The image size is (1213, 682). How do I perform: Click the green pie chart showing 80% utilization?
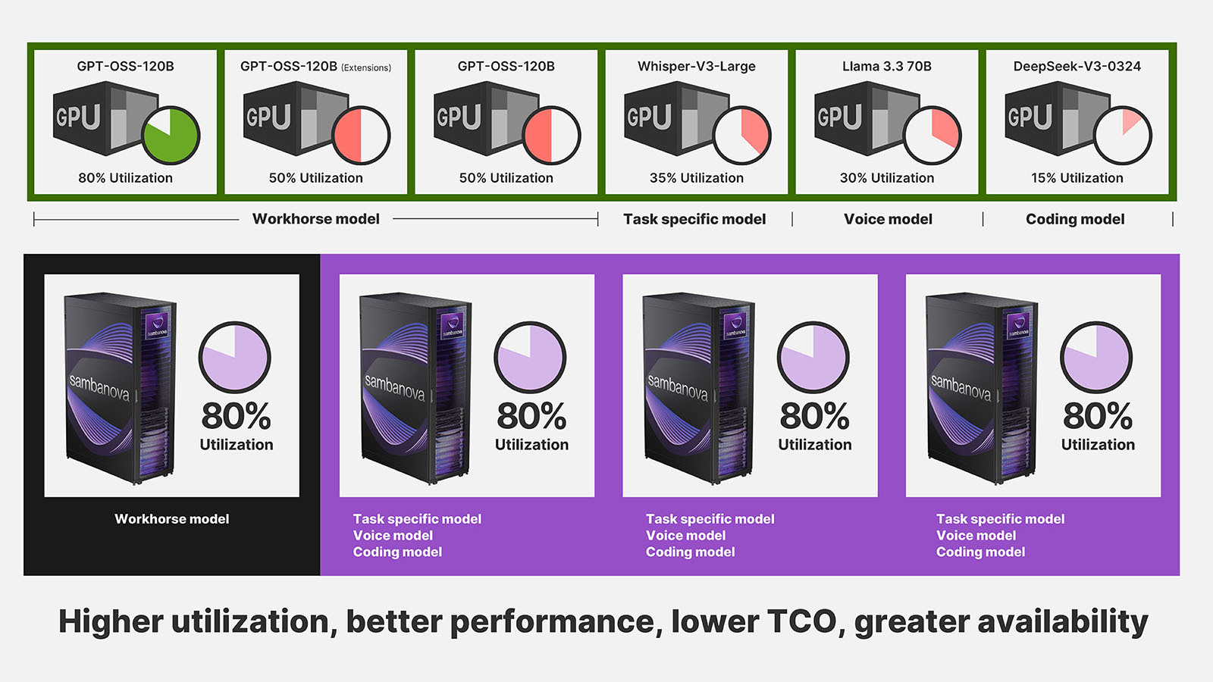tap(171, 136)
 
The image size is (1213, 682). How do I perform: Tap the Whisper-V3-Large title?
tap(697, 67)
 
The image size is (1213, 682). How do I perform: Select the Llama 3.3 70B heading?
tap(886, 66)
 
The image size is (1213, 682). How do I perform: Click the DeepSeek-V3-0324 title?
tap(1077, 66)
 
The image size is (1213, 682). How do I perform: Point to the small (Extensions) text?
tap(366, 67)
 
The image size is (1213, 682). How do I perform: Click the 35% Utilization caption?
tap(697, 177)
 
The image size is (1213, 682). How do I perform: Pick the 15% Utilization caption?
tap(1077, 177)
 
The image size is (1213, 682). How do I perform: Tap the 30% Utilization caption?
tap(886, 177)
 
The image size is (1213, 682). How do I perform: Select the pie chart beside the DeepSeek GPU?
tap(1123, 136)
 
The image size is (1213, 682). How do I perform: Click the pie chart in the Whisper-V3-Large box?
tap(742, 136)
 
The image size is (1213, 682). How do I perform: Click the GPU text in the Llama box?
tap(839, 117)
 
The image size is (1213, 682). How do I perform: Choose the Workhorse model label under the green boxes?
tap(315, 219)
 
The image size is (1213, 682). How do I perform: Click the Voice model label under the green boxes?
tap(888, 219)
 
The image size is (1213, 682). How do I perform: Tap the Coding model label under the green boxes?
tap(1075, 219)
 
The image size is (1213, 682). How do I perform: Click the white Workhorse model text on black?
tap(171, 518)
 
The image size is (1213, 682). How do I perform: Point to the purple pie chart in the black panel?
tap(234, 357)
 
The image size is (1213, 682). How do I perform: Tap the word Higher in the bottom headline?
tap(111, 622)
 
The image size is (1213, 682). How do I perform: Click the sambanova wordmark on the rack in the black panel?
tap(99, 387)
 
